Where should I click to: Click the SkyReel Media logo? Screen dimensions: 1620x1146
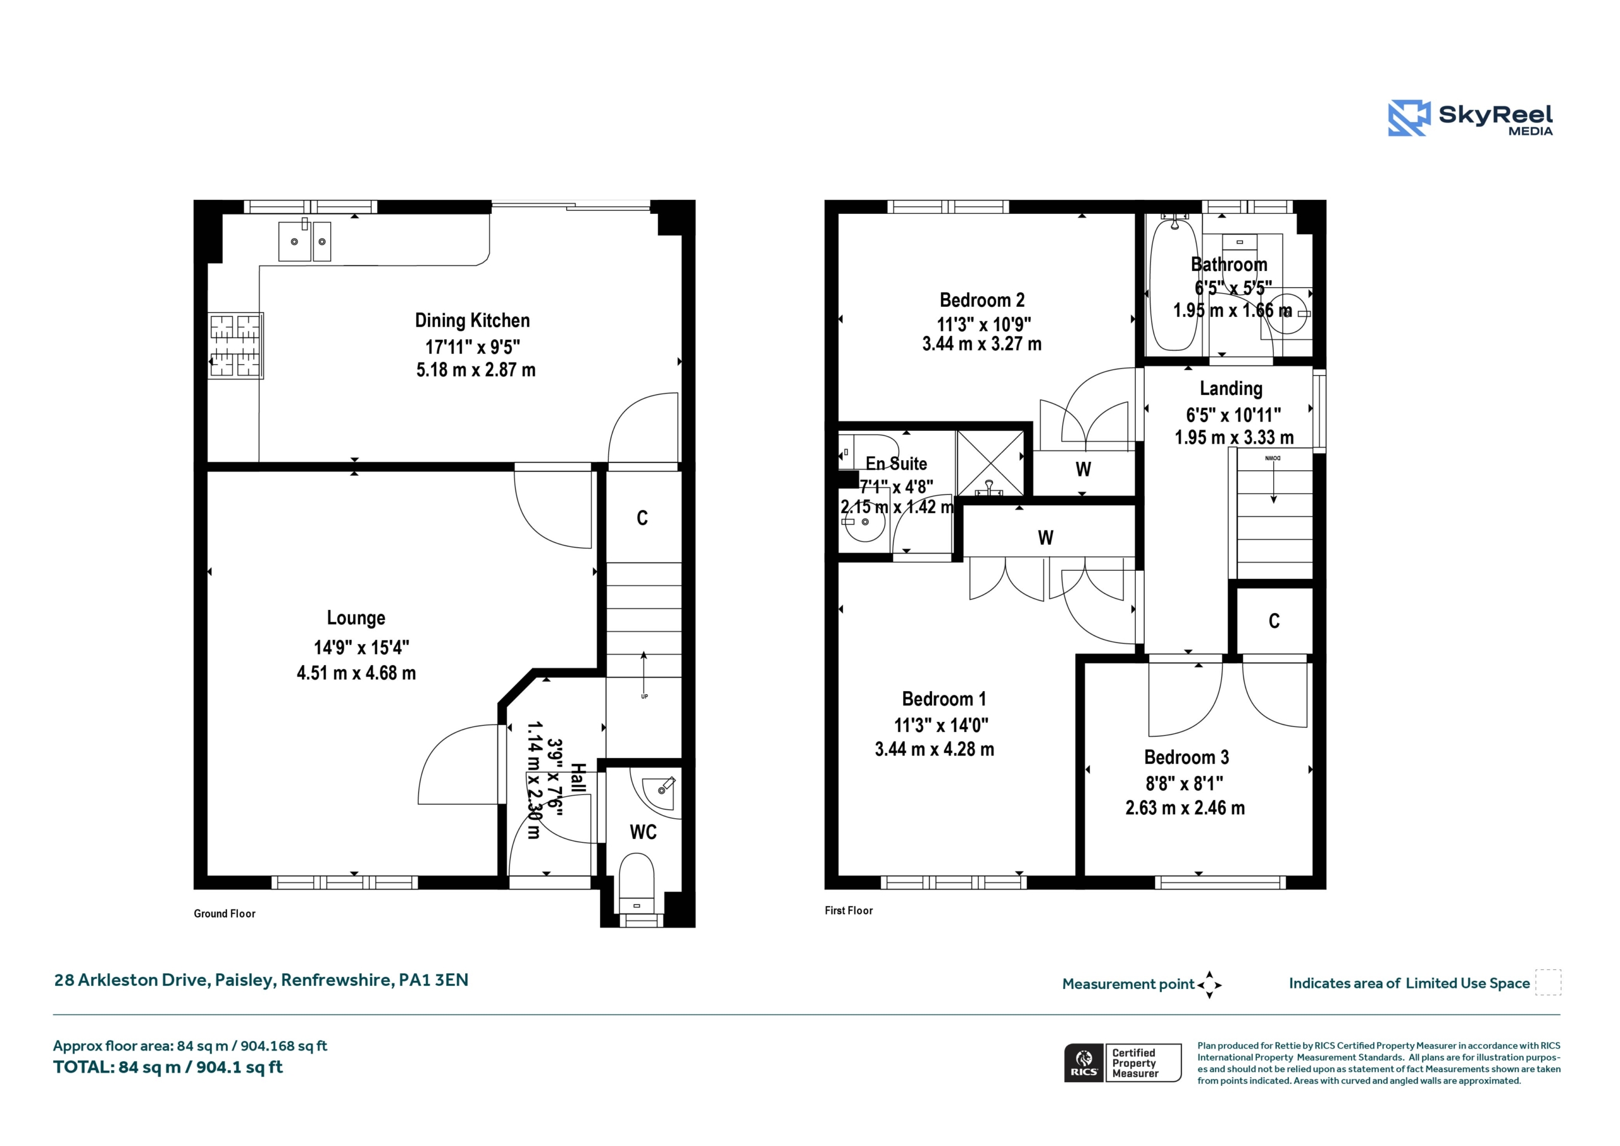click(1471, 118)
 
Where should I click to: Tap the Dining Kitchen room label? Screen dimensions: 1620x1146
click(472, 320)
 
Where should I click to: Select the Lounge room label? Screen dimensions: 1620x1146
click(356, 618)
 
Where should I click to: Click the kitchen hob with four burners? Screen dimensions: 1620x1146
click(235, 346)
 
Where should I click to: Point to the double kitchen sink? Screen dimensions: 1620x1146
click(305, 240)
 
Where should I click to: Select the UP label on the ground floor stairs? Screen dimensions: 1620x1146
click(644, 697)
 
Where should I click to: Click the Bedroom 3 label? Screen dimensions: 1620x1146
click(1186, 757)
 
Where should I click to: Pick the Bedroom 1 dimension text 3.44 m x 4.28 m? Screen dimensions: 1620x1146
click(934, 749)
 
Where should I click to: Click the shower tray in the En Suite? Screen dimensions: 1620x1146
click(990, 463)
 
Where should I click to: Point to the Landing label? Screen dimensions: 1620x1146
click(1231, 389)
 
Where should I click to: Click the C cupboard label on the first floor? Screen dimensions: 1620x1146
click(1274, 621)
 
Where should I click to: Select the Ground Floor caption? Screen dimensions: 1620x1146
click(225, 914)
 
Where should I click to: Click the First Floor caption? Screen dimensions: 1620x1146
click(849, 911)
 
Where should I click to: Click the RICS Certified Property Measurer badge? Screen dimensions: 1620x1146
click(1123, 1062)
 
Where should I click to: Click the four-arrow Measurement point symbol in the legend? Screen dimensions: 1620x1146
click(1209, 985)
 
